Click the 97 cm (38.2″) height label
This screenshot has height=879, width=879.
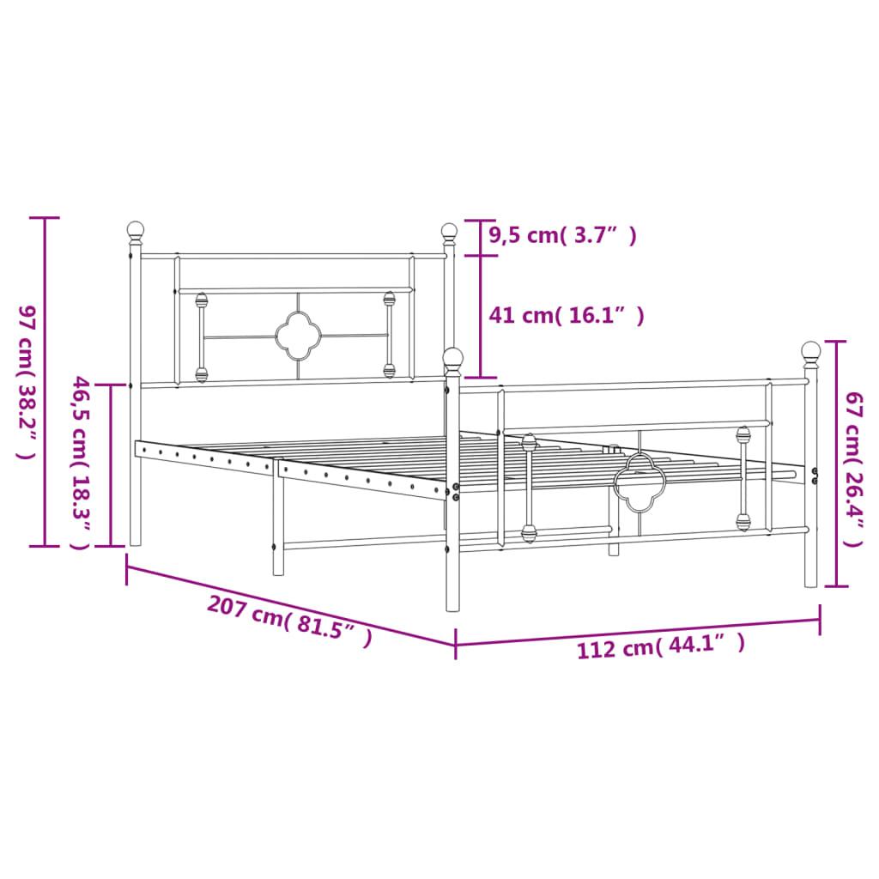26,382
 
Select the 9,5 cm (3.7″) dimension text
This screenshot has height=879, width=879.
562,235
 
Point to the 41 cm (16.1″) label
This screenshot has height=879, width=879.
566,316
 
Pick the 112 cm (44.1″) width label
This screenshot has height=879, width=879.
660,646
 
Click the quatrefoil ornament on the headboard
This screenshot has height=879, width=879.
297,336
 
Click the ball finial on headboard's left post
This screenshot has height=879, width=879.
135,229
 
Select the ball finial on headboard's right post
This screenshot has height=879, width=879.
449,230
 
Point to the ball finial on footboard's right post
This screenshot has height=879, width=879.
811,350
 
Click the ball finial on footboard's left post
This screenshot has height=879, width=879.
453,357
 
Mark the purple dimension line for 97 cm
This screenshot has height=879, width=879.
45,382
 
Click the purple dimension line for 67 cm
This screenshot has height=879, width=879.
837,464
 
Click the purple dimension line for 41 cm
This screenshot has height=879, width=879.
480,316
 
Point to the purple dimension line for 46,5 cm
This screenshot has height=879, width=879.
111,464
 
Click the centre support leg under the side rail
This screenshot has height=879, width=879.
278,524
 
